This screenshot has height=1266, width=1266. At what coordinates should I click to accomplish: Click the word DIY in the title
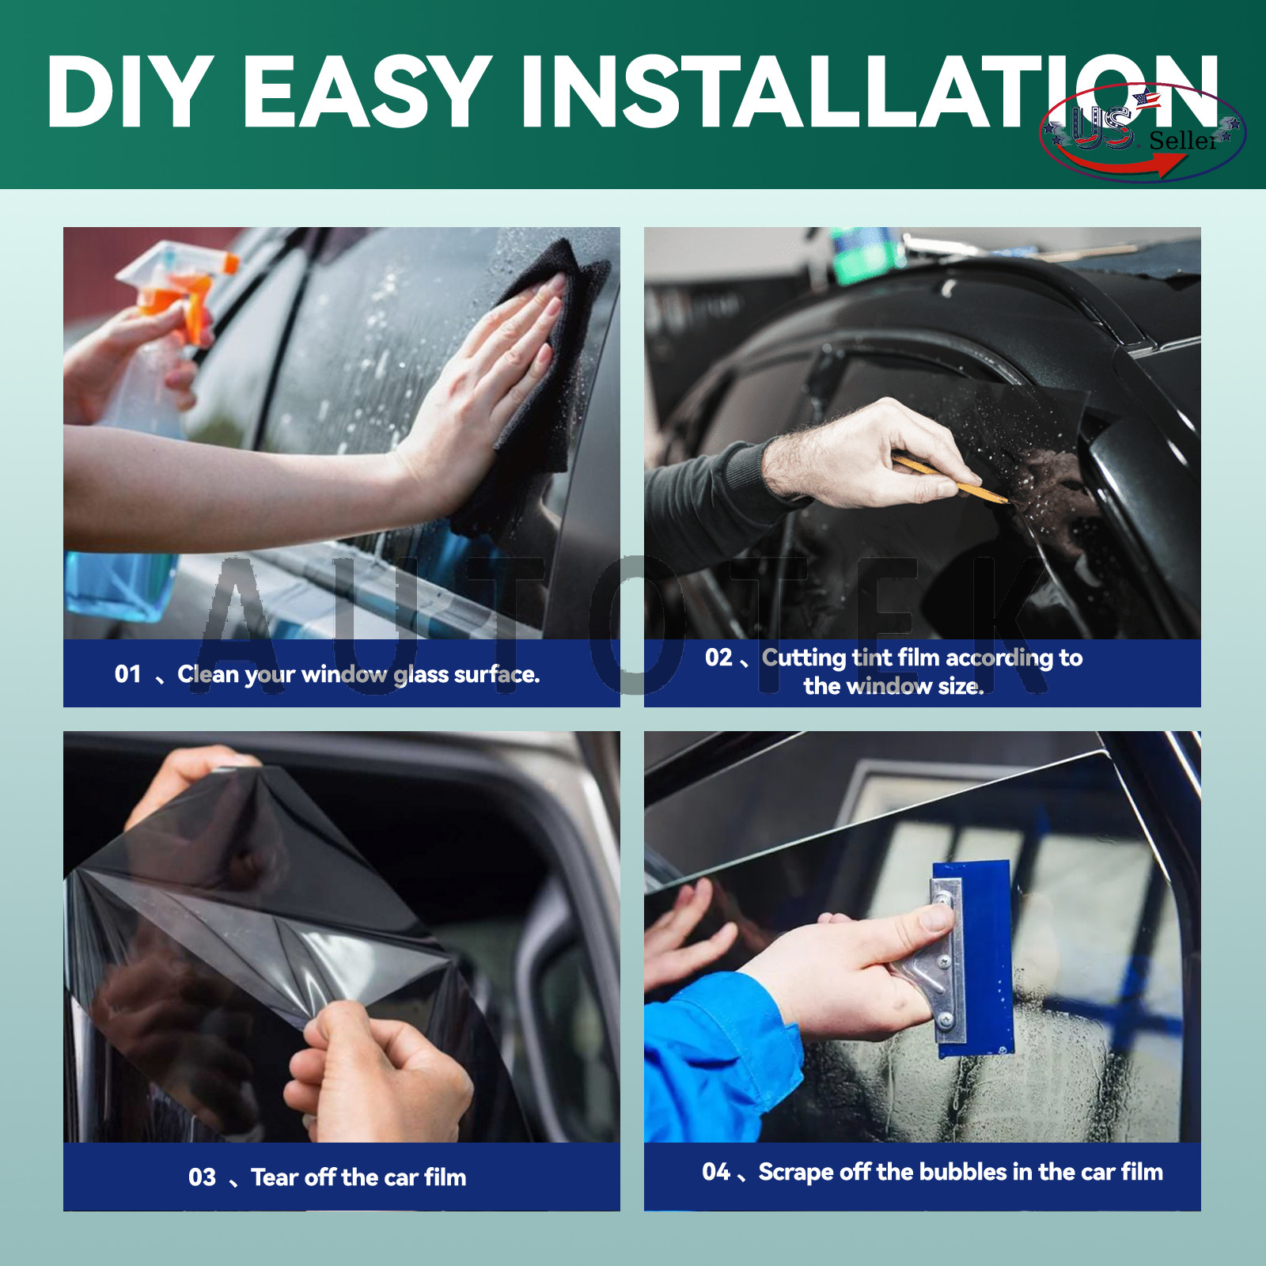tap(130, 91)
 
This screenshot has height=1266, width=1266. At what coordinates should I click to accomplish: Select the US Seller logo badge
tap(1143, 132)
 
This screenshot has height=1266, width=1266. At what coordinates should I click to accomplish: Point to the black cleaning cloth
tap(538, 380)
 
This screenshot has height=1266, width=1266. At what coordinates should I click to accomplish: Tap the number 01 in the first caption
tap(127, 674)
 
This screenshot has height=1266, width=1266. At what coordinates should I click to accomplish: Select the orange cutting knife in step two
tap(949, 479)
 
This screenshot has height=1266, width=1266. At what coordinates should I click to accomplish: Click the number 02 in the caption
tap(718, 658)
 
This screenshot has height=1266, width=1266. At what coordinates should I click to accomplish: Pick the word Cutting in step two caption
tap(804, 658)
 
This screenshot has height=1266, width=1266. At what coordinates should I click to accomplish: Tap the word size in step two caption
tap(961, 686)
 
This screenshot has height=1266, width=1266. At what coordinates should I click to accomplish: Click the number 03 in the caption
tap(202, 1177)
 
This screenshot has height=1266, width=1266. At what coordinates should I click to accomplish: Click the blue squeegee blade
tap(975, 957)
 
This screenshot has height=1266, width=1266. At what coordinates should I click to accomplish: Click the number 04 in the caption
tap(716, 1172)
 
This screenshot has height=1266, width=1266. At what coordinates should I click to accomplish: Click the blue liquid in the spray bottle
tap(119, 586)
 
